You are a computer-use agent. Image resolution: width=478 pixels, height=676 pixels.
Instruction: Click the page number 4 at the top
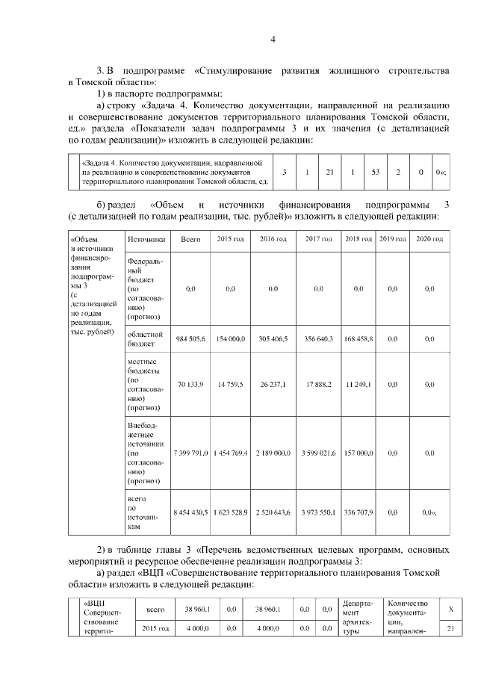(273, 40)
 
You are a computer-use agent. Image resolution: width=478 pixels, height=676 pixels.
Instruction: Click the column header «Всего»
(190, 239)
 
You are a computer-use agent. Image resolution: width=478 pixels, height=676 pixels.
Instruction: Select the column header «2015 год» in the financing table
(230, 239)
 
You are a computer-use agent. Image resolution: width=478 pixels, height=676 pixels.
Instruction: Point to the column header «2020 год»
(429, 239)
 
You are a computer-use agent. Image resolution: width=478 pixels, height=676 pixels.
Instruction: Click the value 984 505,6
(190, 339)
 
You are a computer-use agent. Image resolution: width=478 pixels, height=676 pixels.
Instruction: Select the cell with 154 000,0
(230, 339)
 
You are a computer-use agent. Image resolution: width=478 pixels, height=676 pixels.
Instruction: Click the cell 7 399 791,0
(190, 453)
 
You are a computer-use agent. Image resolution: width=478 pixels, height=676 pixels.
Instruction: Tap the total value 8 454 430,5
(190, 512)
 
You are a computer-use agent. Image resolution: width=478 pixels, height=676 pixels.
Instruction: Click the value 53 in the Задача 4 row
(375, 173)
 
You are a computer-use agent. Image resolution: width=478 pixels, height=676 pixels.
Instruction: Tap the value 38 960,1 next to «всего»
(187, 610)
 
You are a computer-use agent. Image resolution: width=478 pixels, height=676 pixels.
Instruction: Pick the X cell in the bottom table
(450, 610)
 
